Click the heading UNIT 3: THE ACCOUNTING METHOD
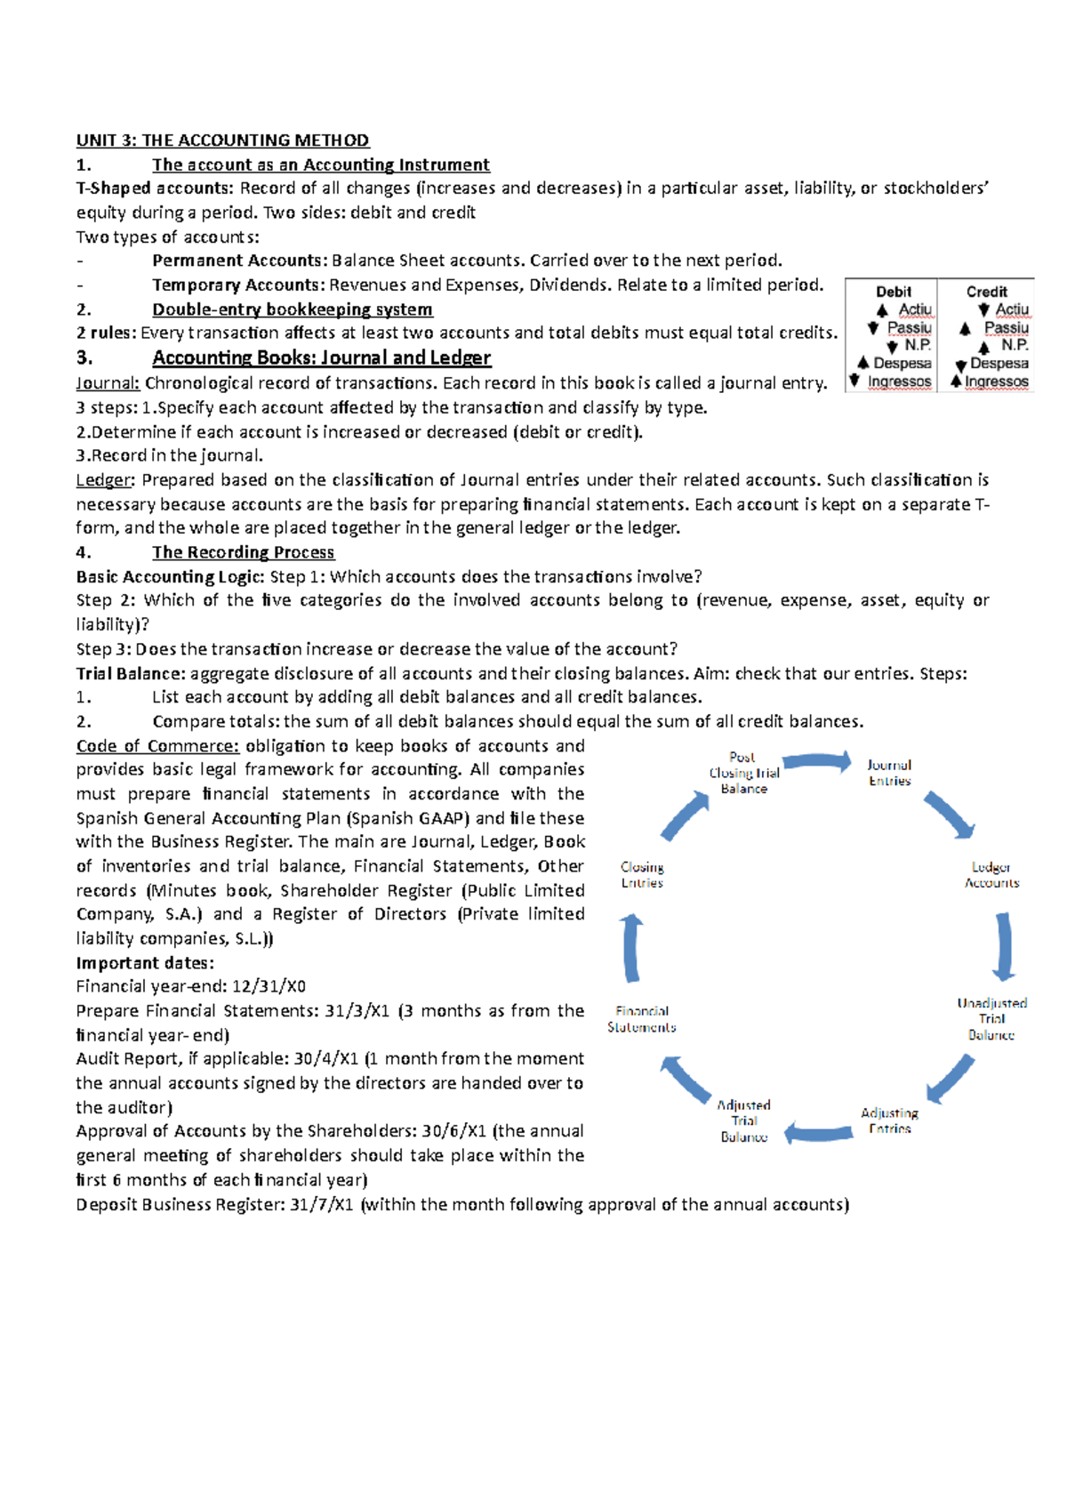[x=222, y=141]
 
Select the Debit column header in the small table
[x=893, y=292]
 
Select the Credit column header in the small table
[x=986, y=292]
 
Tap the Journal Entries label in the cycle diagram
[x=889, y=773]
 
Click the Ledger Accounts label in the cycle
[x=991, y=875]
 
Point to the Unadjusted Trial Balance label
[x=991, y=1019]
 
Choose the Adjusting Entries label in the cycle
[x=889, y=1120]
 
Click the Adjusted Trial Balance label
[x=744, y=1120]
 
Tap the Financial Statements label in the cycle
[x=642, y=1019]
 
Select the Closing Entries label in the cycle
[x=642, y=875]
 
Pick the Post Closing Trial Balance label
[x=743, y=773]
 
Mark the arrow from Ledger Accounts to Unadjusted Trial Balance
[x=1004, y=947]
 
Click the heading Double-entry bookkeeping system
[x=293, y=309]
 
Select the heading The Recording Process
[x=243, y=552]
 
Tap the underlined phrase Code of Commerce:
[x=157, y=746]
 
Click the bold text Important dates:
[x=145, y=963]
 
